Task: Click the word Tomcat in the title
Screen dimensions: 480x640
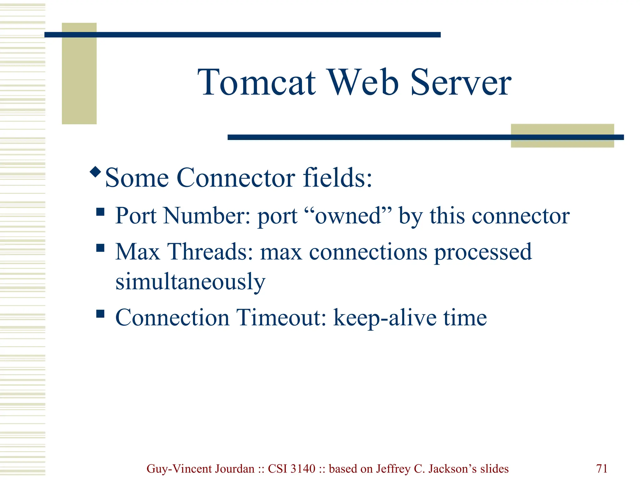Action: [257, 82]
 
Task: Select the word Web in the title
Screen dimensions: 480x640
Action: [362, 82]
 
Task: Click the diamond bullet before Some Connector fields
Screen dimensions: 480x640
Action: [95, 172]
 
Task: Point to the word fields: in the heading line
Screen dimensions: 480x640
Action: [337, 178]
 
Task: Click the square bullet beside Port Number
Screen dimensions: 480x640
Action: [100, 212]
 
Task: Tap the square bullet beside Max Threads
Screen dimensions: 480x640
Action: [100, 248]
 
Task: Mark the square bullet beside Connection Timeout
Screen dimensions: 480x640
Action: [100, 313]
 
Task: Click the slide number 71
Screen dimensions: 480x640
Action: [602, 469]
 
